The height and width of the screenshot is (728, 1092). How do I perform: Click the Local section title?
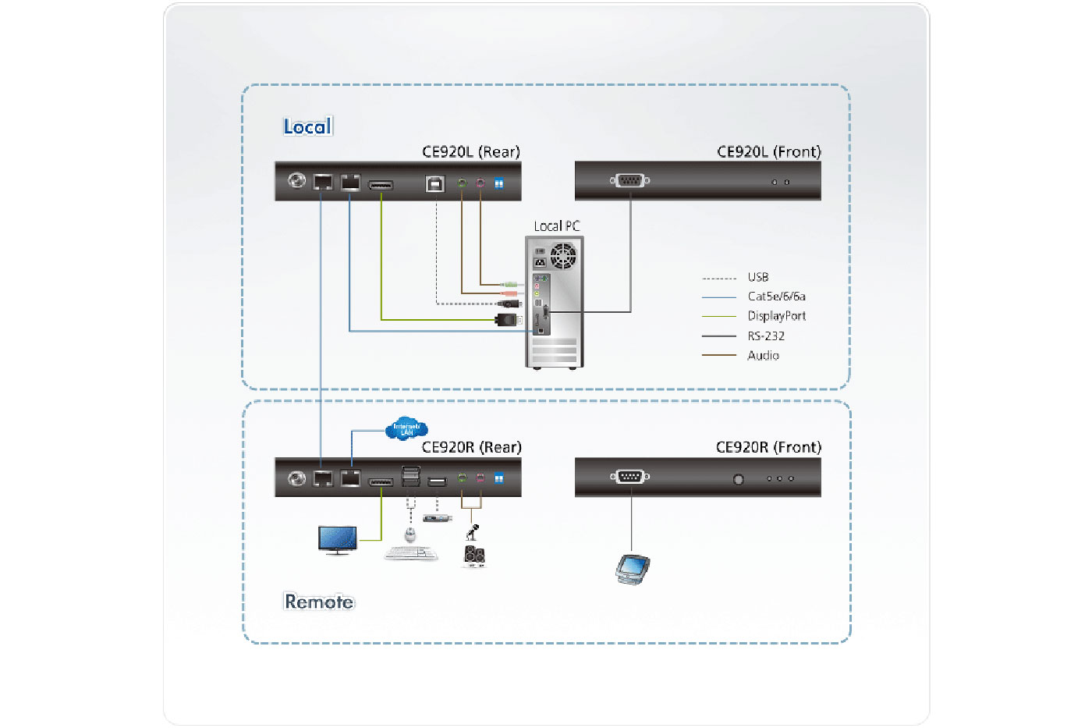pos(307,126)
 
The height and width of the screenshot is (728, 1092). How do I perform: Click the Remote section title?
pos(318,602)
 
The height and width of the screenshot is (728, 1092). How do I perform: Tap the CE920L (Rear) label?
pos(470,151)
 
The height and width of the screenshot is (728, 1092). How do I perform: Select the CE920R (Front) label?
pos(768,447)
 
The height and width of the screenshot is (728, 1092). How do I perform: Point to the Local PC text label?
pos(556,226)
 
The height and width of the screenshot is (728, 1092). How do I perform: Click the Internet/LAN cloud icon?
pos(406,428)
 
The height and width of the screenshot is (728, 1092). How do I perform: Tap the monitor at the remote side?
pos(338,539)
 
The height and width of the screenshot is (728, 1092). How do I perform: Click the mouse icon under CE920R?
pos(410,534)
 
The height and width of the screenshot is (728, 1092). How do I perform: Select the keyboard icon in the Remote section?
pos(411,554)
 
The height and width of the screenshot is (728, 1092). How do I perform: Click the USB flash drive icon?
pos(437,518)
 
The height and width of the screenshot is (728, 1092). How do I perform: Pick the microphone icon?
pos(472,532)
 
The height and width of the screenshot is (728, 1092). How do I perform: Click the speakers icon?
pos(474,555)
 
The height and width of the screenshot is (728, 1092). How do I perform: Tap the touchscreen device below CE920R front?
pos(632,568)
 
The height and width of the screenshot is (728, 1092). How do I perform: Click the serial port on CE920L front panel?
pos(629,181)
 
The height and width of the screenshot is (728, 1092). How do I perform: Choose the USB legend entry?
pos(757,277)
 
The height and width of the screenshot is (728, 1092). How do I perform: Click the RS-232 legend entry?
pos(765,336)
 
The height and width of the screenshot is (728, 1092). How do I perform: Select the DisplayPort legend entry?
pos(776,316)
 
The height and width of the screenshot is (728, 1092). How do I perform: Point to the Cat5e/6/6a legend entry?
pos(776,297)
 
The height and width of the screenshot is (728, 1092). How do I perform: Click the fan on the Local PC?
pos(563,256)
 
